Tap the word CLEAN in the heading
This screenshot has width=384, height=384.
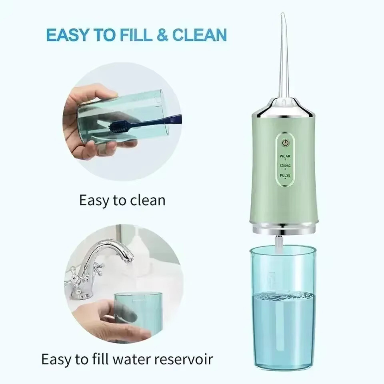(199, 35)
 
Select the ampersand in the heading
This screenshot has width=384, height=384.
(162, 35)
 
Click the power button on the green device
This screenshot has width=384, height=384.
(285, 143)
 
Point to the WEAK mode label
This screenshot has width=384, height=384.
(285, 156)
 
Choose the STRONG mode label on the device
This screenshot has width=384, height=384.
(285, 166)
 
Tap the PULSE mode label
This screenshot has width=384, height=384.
(285, 176)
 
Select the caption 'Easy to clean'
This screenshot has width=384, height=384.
(122, 200)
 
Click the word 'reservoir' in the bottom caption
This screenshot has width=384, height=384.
(183, 358)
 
